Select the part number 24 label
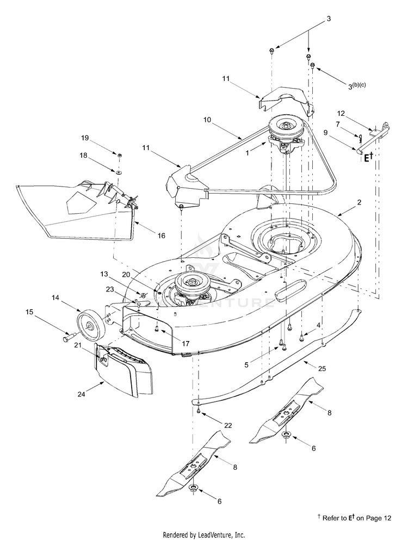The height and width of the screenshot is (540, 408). coord(81,394)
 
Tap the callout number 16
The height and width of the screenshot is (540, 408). coord(161,235)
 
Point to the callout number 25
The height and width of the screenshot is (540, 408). coord(322,369)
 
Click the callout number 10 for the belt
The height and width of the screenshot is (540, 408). coord(207,120)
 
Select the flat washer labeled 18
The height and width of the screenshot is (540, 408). coord(119,171)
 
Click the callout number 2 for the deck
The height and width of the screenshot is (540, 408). coord(359,202)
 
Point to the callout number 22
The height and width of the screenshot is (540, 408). coord(228,425)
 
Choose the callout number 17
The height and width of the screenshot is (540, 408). coord(186,343)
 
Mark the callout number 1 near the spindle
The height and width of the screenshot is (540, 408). coord(247,153)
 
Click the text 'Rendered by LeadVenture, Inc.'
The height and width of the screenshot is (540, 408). coord(204,535)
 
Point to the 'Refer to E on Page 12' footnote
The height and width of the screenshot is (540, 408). coord(354,518)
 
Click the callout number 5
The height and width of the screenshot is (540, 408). coord(246,365)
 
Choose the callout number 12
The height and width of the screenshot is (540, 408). coord(341,113)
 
